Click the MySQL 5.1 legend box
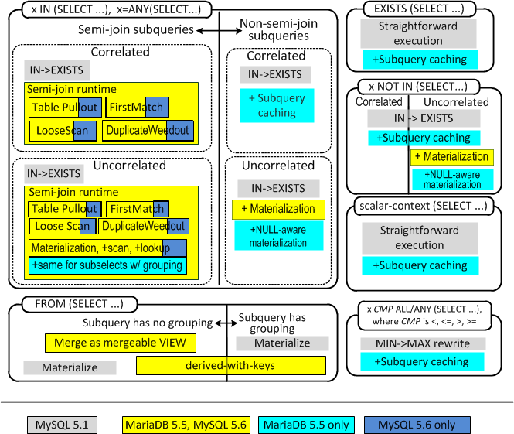click(x=62, y=425)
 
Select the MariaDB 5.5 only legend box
click(x=306, y=425)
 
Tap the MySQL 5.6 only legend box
click(x=417, y=425)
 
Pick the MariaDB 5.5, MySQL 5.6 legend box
click(x=186, y=425)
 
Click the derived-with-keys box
click(x=231, y=365)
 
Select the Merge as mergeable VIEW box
click(x=121, y=343)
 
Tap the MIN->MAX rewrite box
click(x=423, y=343)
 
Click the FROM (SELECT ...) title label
click(x=80, y=304)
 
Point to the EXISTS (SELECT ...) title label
click(x=419, y=9)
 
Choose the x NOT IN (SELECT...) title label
click(x=419, y=87)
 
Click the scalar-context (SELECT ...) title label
click(x=424, y=207)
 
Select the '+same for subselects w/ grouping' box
click(x=108, y=265)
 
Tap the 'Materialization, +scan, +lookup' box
click(x=108, y=248)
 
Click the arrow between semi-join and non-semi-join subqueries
click(x=220, y=31)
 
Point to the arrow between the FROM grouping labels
click(x=226, y=323)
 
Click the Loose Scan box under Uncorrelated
click(x=63, y=226)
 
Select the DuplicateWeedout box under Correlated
click(x=148, y=131)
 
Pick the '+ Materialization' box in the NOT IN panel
click(x=452, y=157)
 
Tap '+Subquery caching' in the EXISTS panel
click(x=420, y=60)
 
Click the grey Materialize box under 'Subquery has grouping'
click(x=282, y=343)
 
